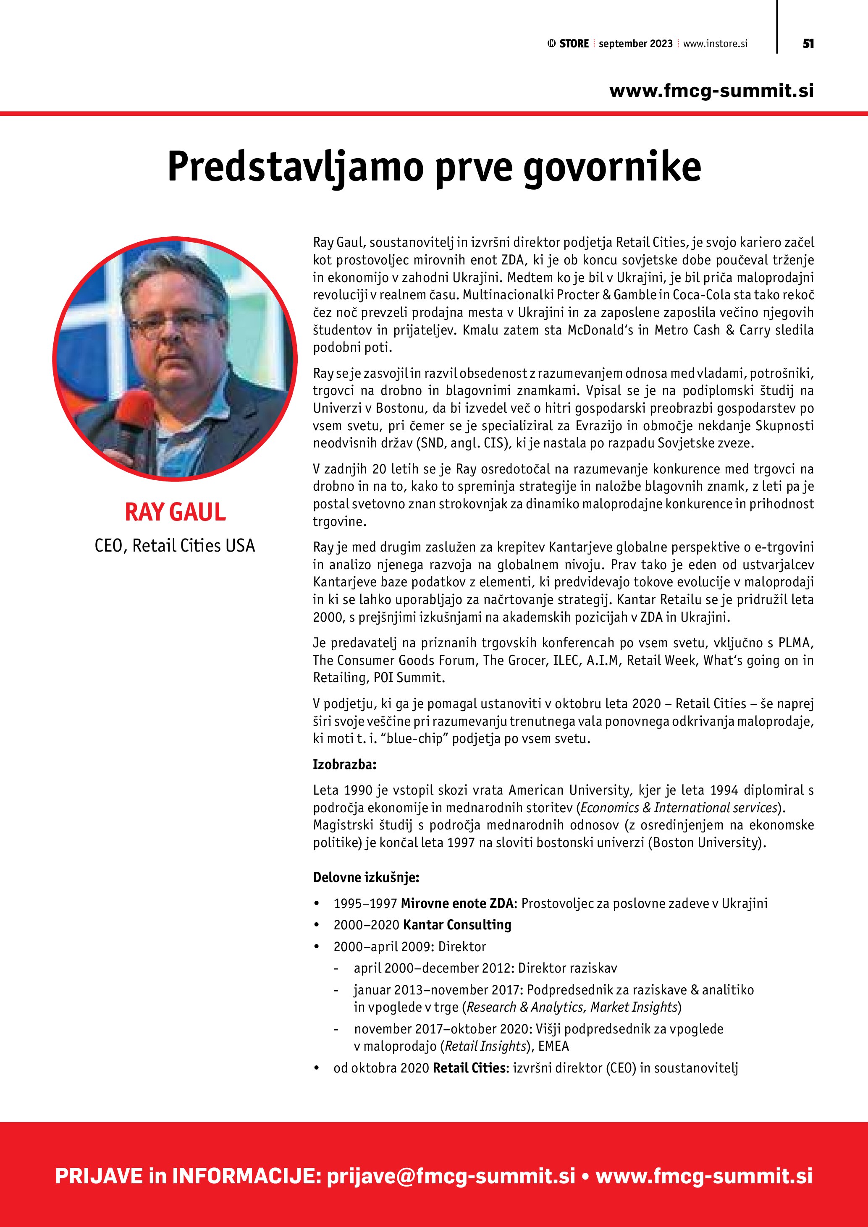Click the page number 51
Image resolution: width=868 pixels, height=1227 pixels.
[x=808, y=44]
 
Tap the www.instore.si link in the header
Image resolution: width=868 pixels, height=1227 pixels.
[x=715, y=44]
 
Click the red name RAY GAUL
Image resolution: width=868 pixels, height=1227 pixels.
[x=175, y=512]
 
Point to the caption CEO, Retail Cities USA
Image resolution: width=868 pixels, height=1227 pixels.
[x=175, y=546]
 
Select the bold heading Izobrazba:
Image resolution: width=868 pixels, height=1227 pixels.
[x=345, y=764]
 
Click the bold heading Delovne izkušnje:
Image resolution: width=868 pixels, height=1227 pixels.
[x=366, y=877]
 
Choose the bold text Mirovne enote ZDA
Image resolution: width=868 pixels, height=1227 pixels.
[x=457, y=904]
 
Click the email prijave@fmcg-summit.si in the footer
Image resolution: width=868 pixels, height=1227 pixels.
[x=451, y=1176]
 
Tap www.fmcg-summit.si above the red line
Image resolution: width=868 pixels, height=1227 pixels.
[x=711, y=90]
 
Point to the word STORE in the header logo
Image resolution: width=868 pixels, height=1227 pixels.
[x=574, y=44]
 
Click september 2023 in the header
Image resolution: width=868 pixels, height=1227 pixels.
[x=635, y=44]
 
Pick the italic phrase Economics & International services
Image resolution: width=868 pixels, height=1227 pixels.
[x=678, y=808]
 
